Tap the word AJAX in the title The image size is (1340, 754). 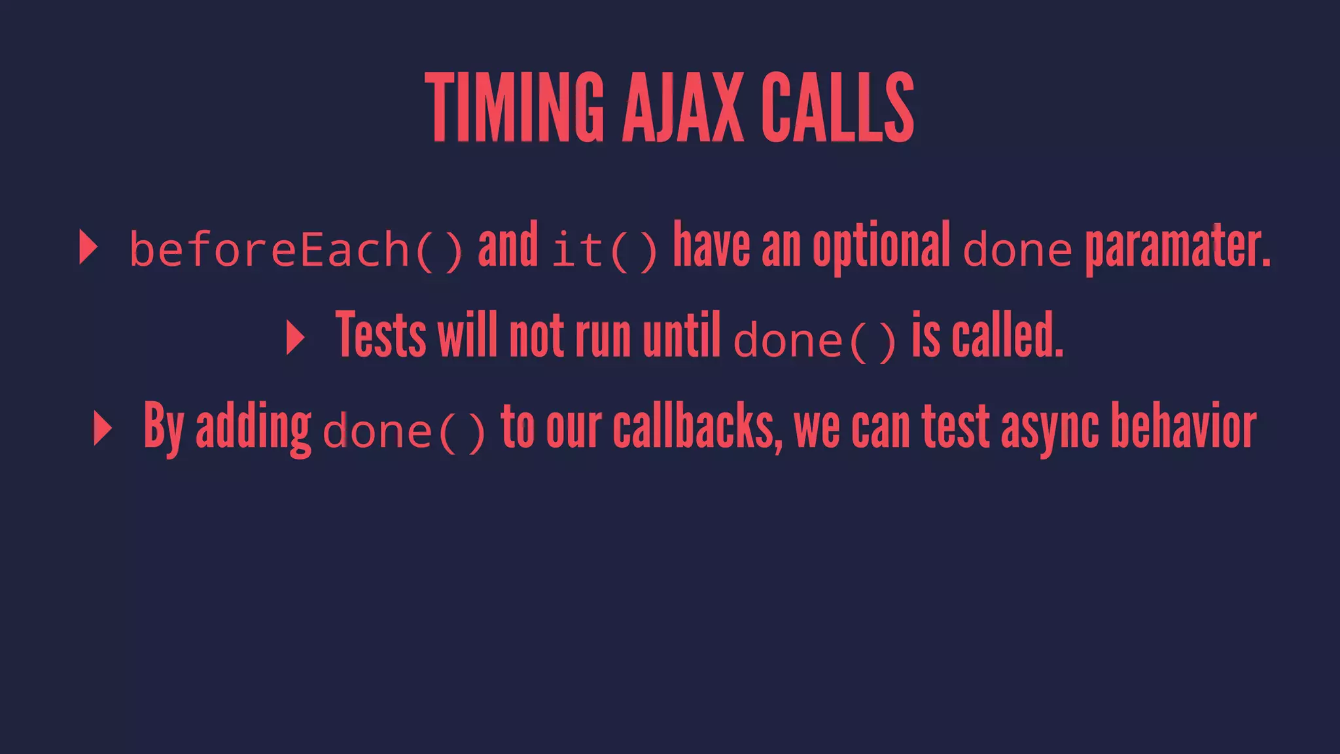pyautogui.click(x=682, y=108)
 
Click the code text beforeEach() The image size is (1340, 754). pyautogui.click(x=296, y=249)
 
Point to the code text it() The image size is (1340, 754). pyautogui.click(x=604, y=249)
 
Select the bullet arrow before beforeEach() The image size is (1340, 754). pyautogui.click(x=88, y=247)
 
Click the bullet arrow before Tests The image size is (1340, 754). pyautogui.click(x=295, y=338)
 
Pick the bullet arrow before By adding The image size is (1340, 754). pyautogui.click(x=103, y=429)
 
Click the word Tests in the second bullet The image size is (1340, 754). pyautogui.click(x=381, y=336)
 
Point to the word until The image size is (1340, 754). pyautogui.click(x=681, y=336)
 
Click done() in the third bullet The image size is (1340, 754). pyautogui.click(x=404, y=431)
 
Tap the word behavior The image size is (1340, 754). pyautogui.click(x=1184, y=427)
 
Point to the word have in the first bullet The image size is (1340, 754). pyautogui.click(x=711, y=245)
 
